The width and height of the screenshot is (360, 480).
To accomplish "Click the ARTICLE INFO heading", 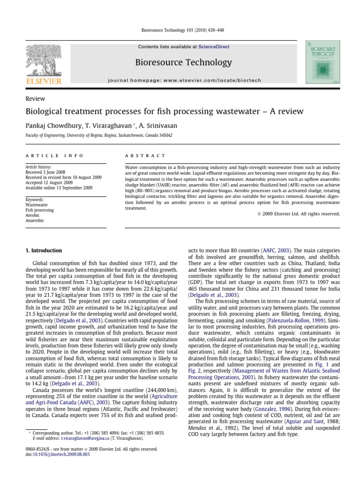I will pyautogui.click(x=54, y=156).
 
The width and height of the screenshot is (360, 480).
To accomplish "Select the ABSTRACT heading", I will pyautogui.click(x=145, y=156).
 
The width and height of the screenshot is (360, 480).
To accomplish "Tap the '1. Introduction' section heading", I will pyautogui.click(x=43, y=251).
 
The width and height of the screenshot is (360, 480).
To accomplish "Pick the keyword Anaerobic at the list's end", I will pyautogui.click(x=35, y=220).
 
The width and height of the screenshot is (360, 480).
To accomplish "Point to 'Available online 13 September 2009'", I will pyautogui.click(x=59, y=188).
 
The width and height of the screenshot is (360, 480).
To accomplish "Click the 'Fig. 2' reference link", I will pyautogui.click(x=195, y=349).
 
